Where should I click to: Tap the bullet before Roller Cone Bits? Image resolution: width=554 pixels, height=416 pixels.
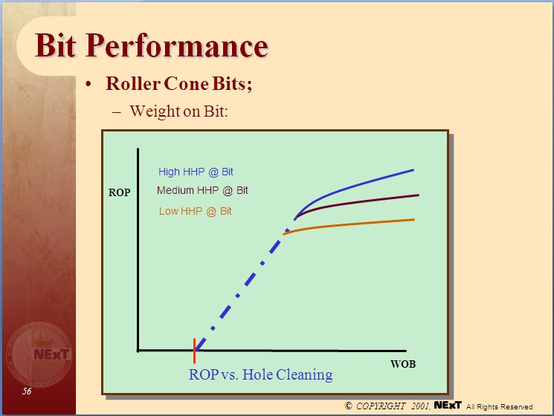click(89, 84)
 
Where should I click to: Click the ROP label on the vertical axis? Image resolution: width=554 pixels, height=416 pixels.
click(120, 192)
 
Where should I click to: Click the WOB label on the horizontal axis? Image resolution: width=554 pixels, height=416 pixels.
click(402, 365)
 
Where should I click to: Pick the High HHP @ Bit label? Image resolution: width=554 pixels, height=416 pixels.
click(196, 172)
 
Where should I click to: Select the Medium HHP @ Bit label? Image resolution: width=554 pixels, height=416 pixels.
click(202, 191)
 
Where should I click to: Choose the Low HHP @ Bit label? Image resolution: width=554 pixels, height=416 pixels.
click(195, 211)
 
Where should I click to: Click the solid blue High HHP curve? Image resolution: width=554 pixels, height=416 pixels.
click(357, 186)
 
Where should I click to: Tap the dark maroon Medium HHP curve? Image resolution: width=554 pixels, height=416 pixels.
click(357, 202)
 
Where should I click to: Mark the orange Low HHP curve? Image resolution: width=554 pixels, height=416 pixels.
click(357, 223)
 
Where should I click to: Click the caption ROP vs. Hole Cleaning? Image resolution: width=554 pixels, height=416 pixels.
click(260, 375)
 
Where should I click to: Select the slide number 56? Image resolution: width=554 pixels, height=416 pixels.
click(27, 391)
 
